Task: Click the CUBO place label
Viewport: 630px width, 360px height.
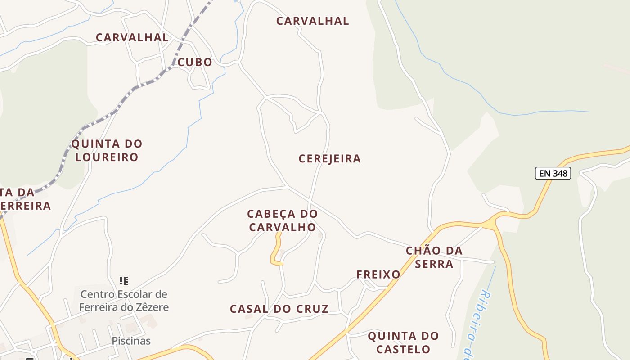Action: click(x=194, y=62)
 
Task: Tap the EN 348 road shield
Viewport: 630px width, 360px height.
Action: click(x=553, y=173)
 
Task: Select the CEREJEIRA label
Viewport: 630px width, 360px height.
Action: click(x=329, y=159)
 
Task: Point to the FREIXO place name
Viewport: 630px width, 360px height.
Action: click(x=378, y=274)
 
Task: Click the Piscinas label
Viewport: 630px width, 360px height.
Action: click(x=131, y=341)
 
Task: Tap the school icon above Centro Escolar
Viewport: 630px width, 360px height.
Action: click(x=124, y=281)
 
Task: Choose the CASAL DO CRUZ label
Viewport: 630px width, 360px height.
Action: click(x=279, y=309)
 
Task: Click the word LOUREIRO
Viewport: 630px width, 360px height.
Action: click(x=107, y=157)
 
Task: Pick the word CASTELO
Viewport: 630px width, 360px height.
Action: click(x=403, y=349)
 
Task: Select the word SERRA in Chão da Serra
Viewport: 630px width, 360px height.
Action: click(x=434, y=264)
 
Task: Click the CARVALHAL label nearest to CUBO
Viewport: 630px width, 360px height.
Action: click(x=132, y=37)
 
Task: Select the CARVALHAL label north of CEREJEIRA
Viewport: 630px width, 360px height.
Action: click(x=312, y=21)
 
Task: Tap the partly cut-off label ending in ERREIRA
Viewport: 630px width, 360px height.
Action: click(x=25, y=206)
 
